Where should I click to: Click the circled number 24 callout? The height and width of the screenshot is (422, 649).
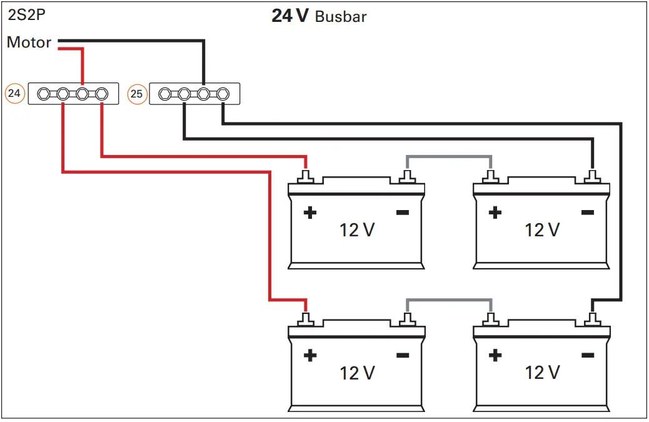click(14, 94)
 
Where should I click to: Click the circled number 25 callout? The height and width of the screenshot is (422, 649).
click(137, 94)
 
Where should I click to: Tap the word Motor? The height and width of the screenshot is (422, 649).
click(29, 43)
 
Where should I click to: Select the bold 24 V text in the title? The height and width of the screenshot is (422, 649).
click(289, 16)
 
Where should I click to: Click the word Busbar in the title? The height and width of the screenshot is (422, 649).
click(341, 17)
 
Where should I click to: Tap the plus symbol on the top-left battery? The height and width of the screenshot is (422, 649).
click(309, 213)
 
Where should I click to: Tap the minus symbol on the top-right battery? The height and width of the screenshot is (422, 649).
click(587, 213)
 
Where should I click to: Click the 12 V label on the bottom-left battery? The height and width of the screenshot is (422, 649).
click(357, 373)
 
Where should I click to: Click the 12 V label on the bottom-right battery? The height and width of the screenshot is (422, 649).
click(543, 373)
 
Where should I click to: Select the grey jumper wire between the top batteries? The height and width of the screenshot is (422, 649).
click(449, 156)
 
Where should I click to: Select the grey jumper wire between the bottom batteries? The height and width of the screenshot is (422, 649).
click(449, 299)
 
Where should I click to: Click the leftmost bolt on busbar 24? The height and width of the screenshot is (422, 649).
click(43, 94)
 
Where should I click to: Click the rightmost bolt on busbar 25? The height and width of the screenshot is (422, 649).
click(222, 94)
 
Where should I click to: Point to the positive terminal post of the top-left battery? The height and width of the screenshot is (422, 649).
click(306, 178)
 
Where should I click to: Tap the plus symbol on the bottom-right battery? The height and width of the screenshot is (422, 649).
click(495, 356)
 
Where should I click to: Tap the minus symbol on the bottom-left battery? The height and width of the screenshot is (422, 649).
click(402, 356)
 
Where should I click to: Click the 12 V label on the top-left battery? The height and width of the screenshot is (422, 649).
click(357, 230)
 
